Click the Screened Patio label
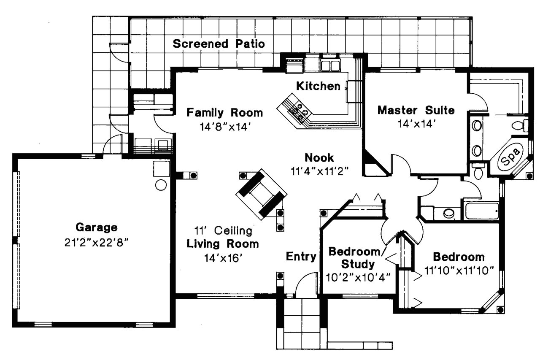(x=219, y=43)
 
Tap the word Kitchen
(x=318, y=86)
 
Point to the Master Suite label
(x=416, y=111)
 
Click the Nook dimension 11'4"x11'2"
(x=319, y=171)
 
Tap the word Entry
(x=301, y=256)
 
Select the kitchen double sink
(x=330, y=65)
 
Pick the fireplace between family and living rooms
(x=261, y=194)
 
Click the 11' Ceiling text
(x=223, y=231)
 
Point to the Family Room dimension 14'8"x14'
(x=225, y=126)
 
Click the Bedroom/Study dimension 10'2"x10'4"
(x=358, y=277)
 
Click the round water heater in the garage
(x=161, y=185)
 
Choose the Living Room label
(x=223, y=244)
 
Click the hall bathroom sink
(x=448, y=213)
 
